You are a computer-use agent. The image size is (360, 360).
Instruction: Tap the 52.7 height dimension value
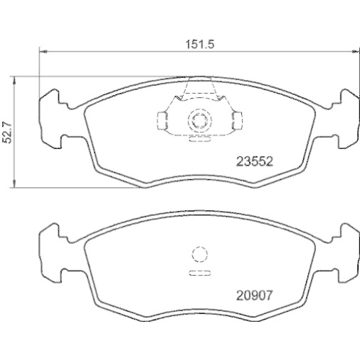point(9,132)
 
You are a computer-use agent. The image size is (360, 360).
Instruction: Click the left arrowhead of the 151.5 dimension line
point(40,52)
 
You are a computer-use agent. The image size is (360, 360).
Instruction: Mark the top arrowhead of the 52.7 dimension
point(17,78)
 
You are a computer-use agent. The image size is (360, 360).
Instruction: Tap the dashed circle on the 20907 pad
point(198,254)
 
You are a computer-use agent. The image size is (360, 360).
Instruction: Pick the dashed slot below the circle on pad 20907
point(198,273)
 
